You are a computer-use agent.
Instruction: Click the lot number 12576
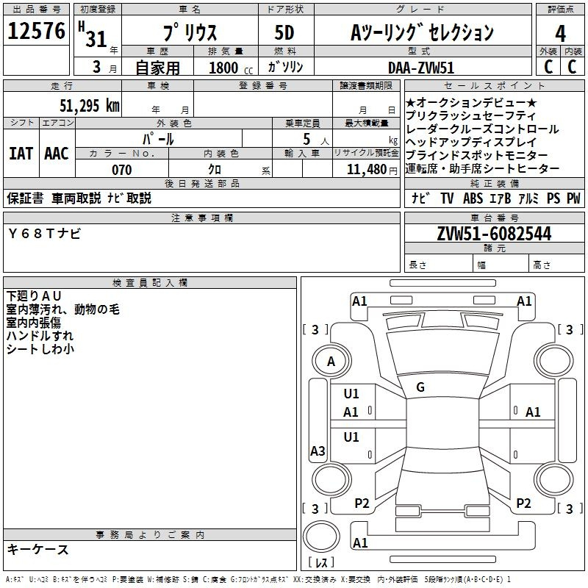[x=36, y=30]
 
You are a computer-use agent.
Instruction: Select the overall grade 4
[x=560, y=33]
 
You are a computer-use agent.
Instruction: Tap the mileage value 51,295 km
[x=90, y=106]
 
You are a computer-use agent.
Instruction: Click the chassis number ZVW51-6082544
[x=494, y=234]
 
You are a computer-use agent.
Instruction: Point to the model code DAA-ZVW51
[x=421, y=68]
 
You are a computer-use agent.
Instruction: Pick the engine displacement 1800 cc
[x=231, y=68]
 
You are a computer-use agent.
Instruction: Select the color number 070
[x=122, y=170]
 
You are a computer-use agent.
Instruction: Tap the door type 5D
[x=284, y=32]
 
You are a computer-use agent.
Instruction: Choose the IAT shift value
[x=21, y=154]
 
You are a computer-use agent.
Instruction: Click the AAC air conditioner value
[x=57, y=154]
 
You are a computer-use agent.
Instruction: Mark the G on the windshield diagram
[x=420, y=387]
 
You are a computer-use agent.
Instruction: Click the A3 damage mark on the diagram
[x=318, y=451]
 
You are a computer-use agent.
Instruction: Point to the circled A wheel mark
[x=331, y=361]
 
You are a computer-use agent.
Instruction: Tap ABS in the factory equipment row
[x=473, y=198]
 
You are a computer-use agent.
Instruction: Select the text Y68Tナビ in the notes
[x=44, y=234]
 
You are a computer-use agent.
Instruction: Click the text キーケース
[x=38, y=550]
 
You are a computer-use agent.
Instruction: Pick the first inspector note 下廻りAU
[x=34, y=296]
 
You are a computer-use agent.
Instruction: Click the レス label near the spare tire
[x=321, y=562]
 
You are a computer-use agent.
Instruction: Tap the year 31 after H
[x=96, y=39]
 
